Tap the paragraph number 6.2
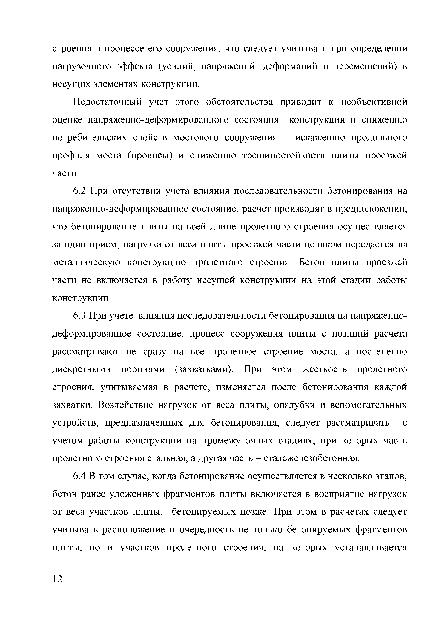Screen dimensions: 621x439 pyautogui.click(x=79, y=191)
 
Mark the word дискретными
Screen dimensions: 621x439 pyautogui.click(x=81, y=369)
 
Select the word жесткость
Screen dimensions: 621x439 pyautogui.click(x=324, y=369)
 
